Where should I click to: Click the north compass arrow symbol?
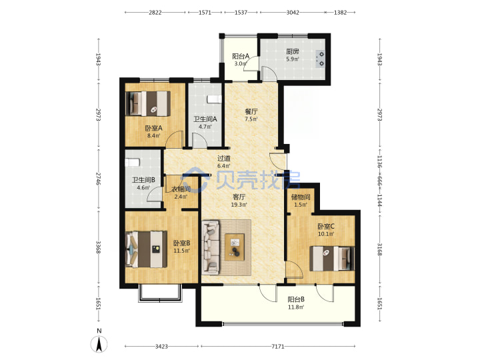point(99,344)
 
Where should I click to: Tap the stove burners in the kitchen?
point(321,59)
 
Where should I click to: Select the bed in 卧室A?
point(149,103)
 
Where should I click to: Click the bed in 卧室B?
point(147,249)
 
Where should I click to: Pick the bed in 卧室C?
point(332,259)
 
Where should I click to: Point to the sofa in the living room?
point(211,247)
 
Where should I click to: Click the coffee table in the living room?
point(235,247)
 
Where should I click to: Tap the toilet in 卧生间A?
point(214,99)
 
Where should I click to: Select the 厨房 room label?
point(293,51)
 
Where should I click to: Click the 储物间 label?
point(301,197)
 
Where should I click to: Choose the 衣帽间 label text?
point(181,189)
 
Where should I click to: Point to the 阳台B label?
point(296,299)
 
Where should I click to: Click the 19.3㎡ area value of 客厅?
point(239,205)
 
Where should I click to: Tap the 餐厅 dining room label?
point(251,111)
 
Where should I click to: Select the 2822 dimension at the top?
point(155,12)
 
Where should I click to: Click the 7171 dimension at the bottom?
point(278,346)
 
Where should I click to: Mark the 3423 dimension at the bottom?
point(161,346)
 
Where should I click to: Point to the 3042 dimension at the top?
point(293,12)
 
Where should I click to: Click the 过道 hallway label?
point(224,158)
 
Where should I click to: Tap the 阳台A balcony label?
point(241,56)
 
